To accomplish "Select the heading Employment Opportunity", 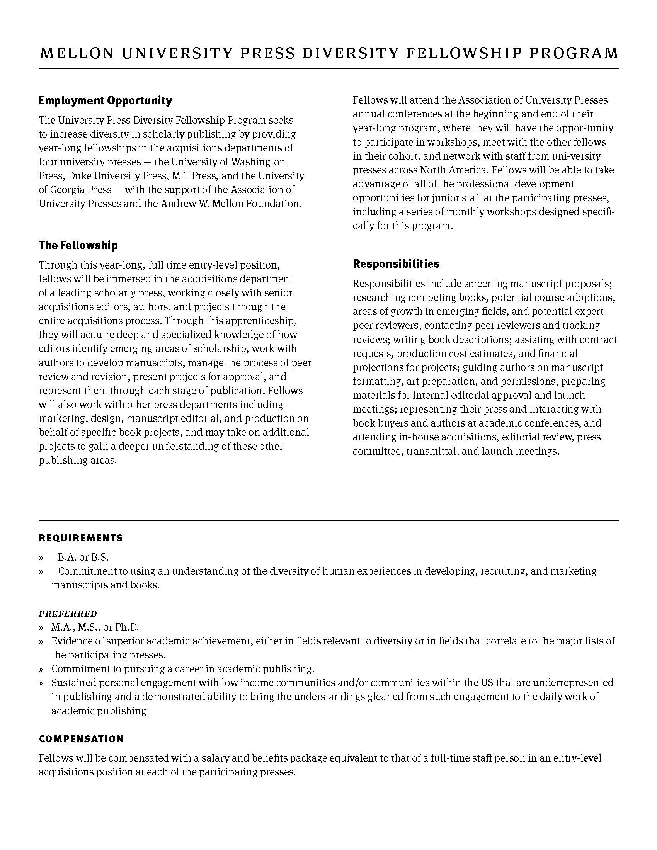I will pos(106,100).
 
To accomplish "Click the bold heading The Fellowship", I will pos(78,245).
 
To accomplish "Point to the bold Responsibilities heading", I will pos(396,264).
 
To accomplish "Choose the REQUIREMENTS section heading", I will pos(81,538).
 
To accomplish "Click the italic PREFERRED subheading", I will pos(68,614).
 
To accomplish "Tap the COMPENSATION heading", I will pos(81,739).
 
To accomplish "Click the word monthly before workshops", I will pos(469,212).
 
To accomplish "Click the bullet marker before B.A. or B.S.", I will pos(41,558).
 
